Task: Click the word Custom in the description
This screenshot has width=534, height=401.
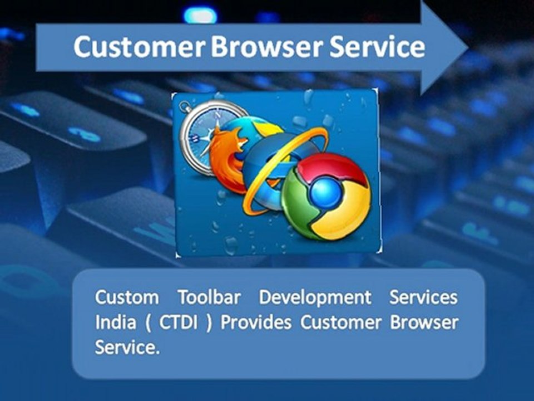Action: click(127, 297)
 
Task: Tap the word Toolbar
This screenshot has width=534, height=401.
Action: click(209, 297)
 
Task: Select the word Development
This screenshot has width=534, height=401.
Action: click(315, 297)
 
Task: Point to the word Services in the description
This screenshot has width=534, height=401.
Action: click(423, 297)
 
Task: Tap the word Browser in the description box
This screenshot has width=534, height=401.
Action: click(424, 323)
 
